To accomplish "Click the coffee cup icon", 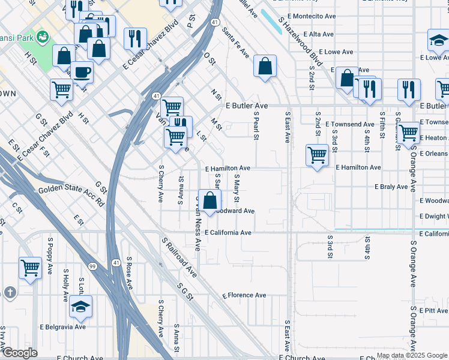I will click(82, 73).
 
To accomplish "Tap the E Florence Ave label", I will click(244, 295).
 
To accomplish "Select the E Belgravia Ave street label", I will click(63, 327).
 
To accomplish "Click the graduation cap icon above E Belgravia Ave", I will click(80, 306).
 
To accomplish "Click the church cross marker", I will click(10, 292).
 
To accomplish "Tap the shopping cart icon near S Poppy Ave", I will click(30, 268).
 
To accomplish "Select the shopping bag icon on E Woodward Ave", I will click(209, 201).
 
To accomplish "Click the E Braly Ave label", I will click(391, 187).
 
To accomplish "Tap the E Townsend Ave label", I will click(350, 124).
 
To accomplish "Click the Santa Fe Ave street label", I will click(235, 43).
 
